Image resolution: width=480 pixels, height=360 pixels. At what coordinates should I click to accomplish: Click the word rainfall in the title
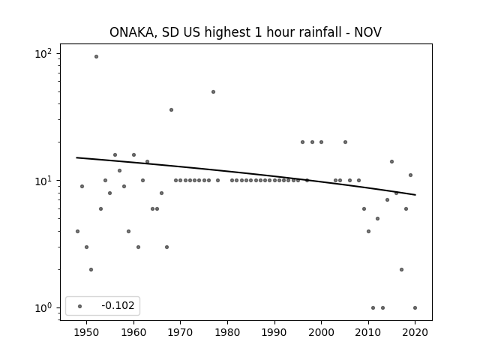320,32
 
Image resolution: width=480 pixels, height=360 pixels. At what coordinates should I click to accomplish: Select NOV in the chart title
368,32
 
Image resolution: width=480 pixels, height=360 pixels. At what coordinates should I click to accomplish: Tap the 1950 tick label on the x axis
87,332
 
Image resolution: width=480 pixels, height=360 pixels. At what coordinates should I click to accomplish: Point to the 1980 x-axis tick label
227,332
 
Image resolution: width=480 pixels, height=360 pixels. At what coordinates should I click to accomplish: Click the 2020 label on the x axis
415,332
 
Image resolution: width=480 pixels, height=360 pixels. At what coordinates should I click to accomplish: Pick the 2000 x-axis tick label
321,332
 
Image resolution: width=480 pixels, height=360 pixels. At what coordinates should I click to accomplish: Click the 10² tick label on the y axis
43,54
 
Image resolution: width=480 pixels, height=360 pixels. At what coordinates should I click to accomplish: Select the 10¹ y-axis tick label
43,181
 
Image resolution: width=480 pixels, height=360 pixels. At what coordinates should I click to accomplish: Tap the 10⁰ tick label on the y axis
43,308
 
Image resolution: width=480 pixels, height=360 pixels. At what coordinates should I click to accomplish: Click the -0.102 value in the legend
118,305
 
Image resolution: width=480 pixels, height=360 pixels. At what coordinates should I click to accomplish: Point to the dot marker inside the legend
79,306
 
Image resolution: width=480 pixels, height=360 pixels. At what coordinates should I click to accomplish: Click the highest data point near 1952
96,57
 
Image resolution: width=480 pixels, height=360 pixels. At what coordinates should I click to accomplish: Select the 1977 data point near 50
213,91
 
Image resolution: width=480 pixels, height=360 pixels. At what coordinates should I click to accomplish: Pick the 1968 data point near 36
171,110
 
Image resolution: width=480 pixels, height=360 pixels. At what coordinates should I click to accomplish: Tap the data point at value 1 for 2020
415,308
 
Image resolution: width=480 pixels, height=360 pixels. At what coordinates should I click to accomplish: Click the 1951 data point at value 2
91,270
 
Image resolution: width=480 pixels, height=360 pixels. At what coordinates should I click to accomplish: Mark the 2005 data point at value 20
345,142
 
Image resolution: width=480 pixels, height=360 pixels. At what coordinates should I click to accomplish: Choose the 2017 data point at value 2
402,270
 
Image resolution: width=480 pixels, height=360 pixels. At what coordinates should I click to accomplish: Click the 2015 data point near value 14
391,162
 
